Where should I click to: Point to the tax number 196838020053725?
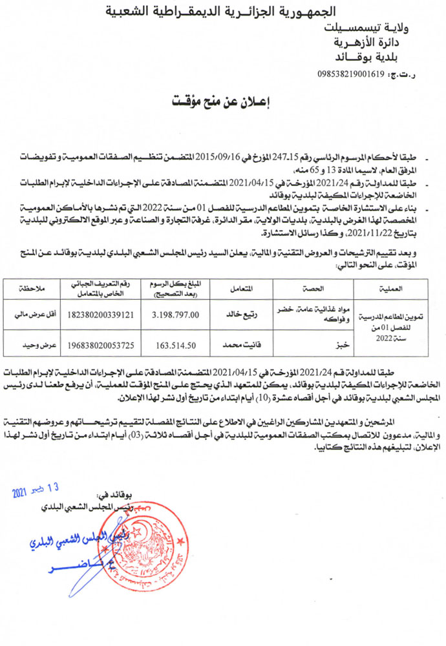click(95, 346)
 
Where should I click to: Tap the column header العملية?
click(394, 286)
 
